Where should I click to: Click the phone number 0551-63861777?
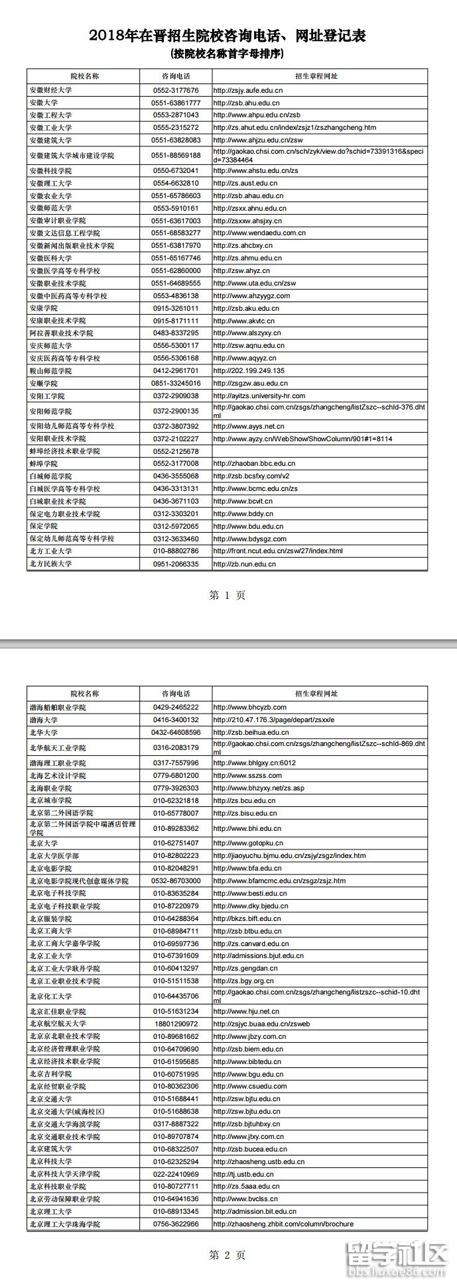pyautogui.click(x=176, y=103)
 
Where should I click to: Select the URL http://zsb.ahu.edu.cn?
pyautogui.click(x=246, y=103)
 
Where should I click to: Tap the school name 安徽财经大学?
pyautogui.click(x=50, y=90)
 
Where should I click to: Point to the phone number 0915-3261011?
pyautogui.click(x=176, y=308)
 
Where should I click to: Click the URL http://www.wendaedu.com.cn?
pyautogui.click(x=259, y=233)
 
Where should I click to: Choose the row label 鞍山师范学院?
pyautogui.click(x=50, y=371)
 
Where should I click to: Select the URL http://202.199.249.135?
pyautogui.click(x=249, y=371)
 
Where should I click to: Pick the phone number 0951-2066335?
pyautogui.click(x=176, y=564)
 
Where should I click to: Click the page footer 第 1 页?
pyautogui.click(x=228, y=595)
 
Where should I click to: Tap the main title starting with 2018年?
pyautogui.click(x=228, y=36)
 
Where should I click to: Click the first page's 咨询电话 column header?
pyautogui.click(x=176, y=76)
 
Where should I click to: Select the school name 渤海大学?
pyautogui.click(x=43, y=720)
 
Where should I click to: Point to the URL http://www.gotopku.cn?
pyautogui.click(x=248, y=843)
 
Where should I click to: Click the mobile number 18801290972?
pyautogui.click(x=176, y=1024)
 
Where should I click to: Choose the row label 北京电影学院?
pyautogui.click(x=50, y=869)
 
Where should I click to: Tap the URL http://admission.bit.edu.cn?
pyautogui.click(x=255, y=1212)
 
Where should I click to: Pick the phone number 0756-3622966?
pyautogui.click(x=176, y=1224)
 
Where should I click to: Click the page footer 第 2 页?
pyautogui.click(x=228, y=1255)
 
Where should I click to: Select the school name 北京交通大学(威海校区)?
pyautogui.click(x=67, y=1111)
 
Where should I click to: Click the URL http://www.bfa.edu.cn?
pyautogui.click(x=247, y=869)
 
